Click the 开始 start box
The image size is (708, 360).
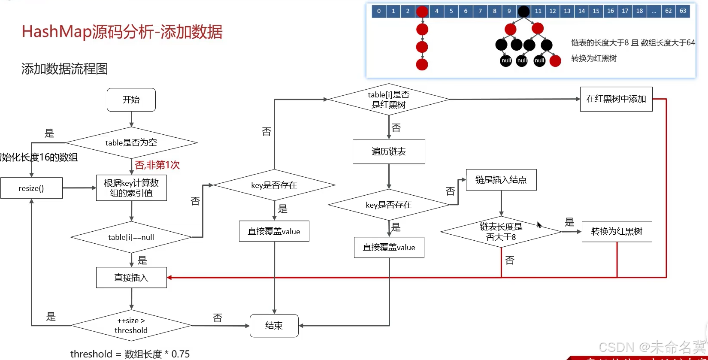[x=131, y=100]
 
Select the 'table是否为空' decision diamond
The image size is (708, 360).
[x=131, y=142]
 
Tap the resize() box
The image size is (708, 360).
[x=31, y=188]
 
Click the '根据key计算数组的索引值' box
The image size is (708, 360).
[x=131, y=188]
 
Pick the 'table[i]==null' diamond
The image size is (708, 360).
[x=131, y=237]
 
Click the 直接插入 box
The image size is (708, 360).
[x=131, y=278]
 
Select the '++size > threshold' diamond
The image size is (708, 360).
[x=131, y=325]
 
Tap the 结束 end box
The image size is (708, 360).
[x=274, y=326]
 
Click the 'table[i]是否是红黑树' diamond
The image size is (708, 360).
[x=388, y=100]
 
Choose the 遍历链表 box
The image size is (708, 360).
[x=389, y=151]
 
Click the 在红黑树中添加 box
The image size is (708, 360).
[x=616, y=99]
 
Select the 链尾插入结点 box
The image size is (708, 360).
[x=501, y=180]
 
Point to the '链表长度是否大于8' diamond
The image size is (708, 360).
[x=501, y=232]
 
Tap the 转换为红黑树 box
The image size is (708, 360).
[x=617, y=232]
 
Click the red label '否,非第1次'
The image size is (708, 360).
[x=157, y=165]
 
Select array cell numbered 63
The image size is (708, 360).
[x=683, y=11]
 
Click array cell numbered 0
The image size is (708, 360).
[x=379, y=11]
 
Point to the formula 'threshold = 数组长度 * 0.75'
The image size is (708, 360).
[x=130, y=354]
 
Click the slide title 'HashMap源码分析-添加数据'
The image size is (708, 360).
[x=122, y=32]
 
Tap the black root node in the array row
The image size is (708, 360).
[x=523, y=12]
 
